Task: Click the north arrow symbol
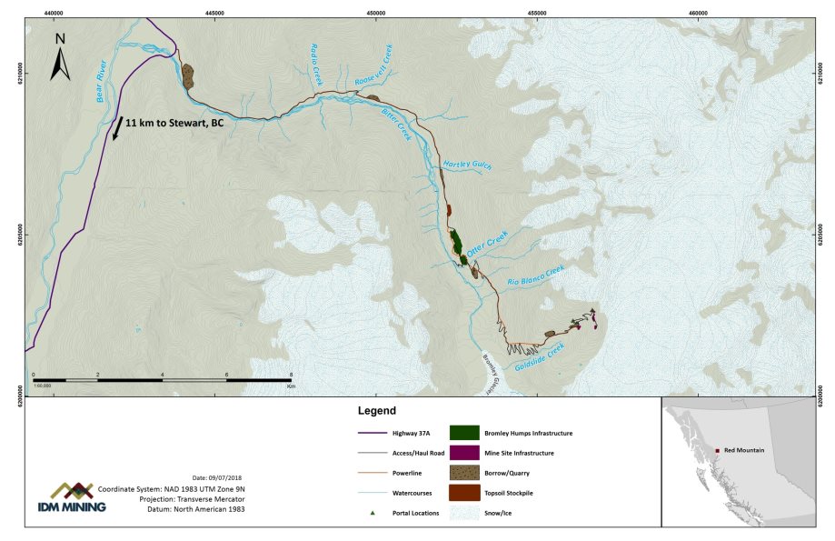pyautogui.click(x=60, y=57)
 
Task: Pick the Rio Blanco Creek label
pyautogui.click(x=536, y=275)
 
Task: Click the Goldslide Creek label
pyautogui.click(x=540, y=356)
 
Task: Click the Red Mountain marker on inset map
pyautogui.click(x=718, y=449)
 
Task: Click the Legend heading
pyautogui.click(x=377, y=412)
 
